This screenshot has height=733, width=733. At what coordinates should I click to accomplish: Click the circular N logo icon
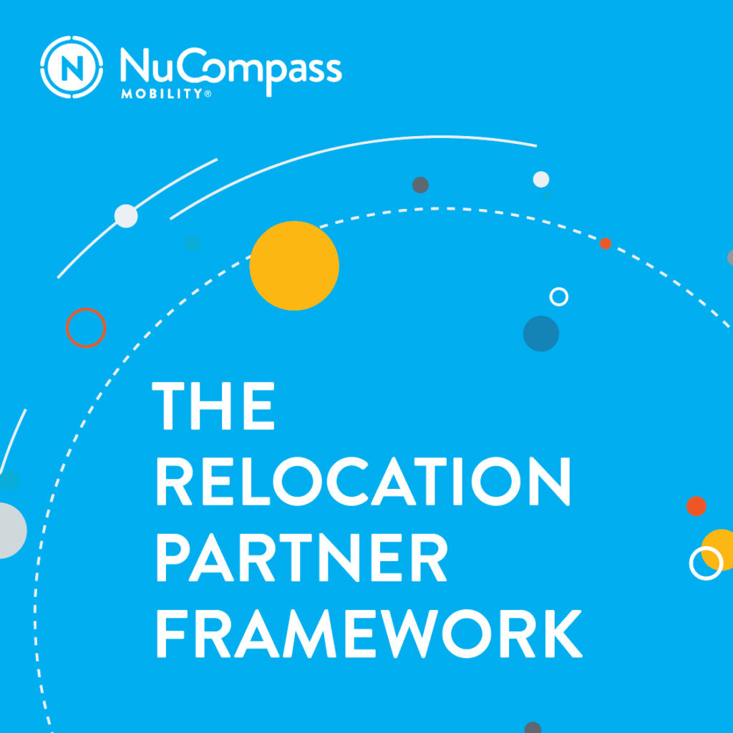(72, 68)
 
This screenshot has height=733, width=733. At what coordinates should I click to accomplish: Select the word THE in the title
(213, 406)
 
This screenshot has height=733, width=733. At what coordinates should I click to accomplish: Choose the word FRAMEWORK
(368, 635)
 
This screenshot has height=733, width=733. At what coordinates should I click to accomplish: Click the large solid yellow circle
(294, 266)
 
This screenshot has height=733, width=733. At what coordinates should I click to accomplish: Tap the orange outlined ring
(86, 328)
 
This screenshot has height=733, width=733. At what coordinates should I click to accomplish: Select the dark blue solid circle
(541, 334)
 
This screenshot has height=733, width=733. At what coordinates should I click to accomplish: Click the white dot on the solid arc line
(126, 215)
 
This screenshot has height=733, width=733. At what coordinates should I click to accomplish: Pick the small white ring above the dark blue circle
(558, 296)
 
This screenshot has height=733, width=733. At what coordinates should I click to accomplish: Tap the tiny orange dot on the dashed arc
(605, 243)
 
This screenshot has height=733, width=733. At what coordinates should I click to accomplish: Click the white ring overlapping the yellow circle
(705, 563)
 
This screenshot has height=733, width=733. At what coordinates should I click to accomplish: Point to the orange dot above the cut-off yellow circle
(696, 506)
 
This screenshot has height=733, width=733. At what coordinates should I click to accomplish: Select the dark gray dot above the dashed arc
(420, 185)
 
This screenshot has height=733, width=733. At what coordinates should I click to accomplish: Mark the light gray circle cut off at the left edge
(10, 530)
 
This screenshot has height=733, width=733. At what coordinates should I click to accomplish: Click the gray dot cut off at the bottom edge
(533, 727)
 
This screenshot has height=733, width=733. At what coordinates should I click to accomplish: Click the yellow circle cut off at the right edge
(722, 548)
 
